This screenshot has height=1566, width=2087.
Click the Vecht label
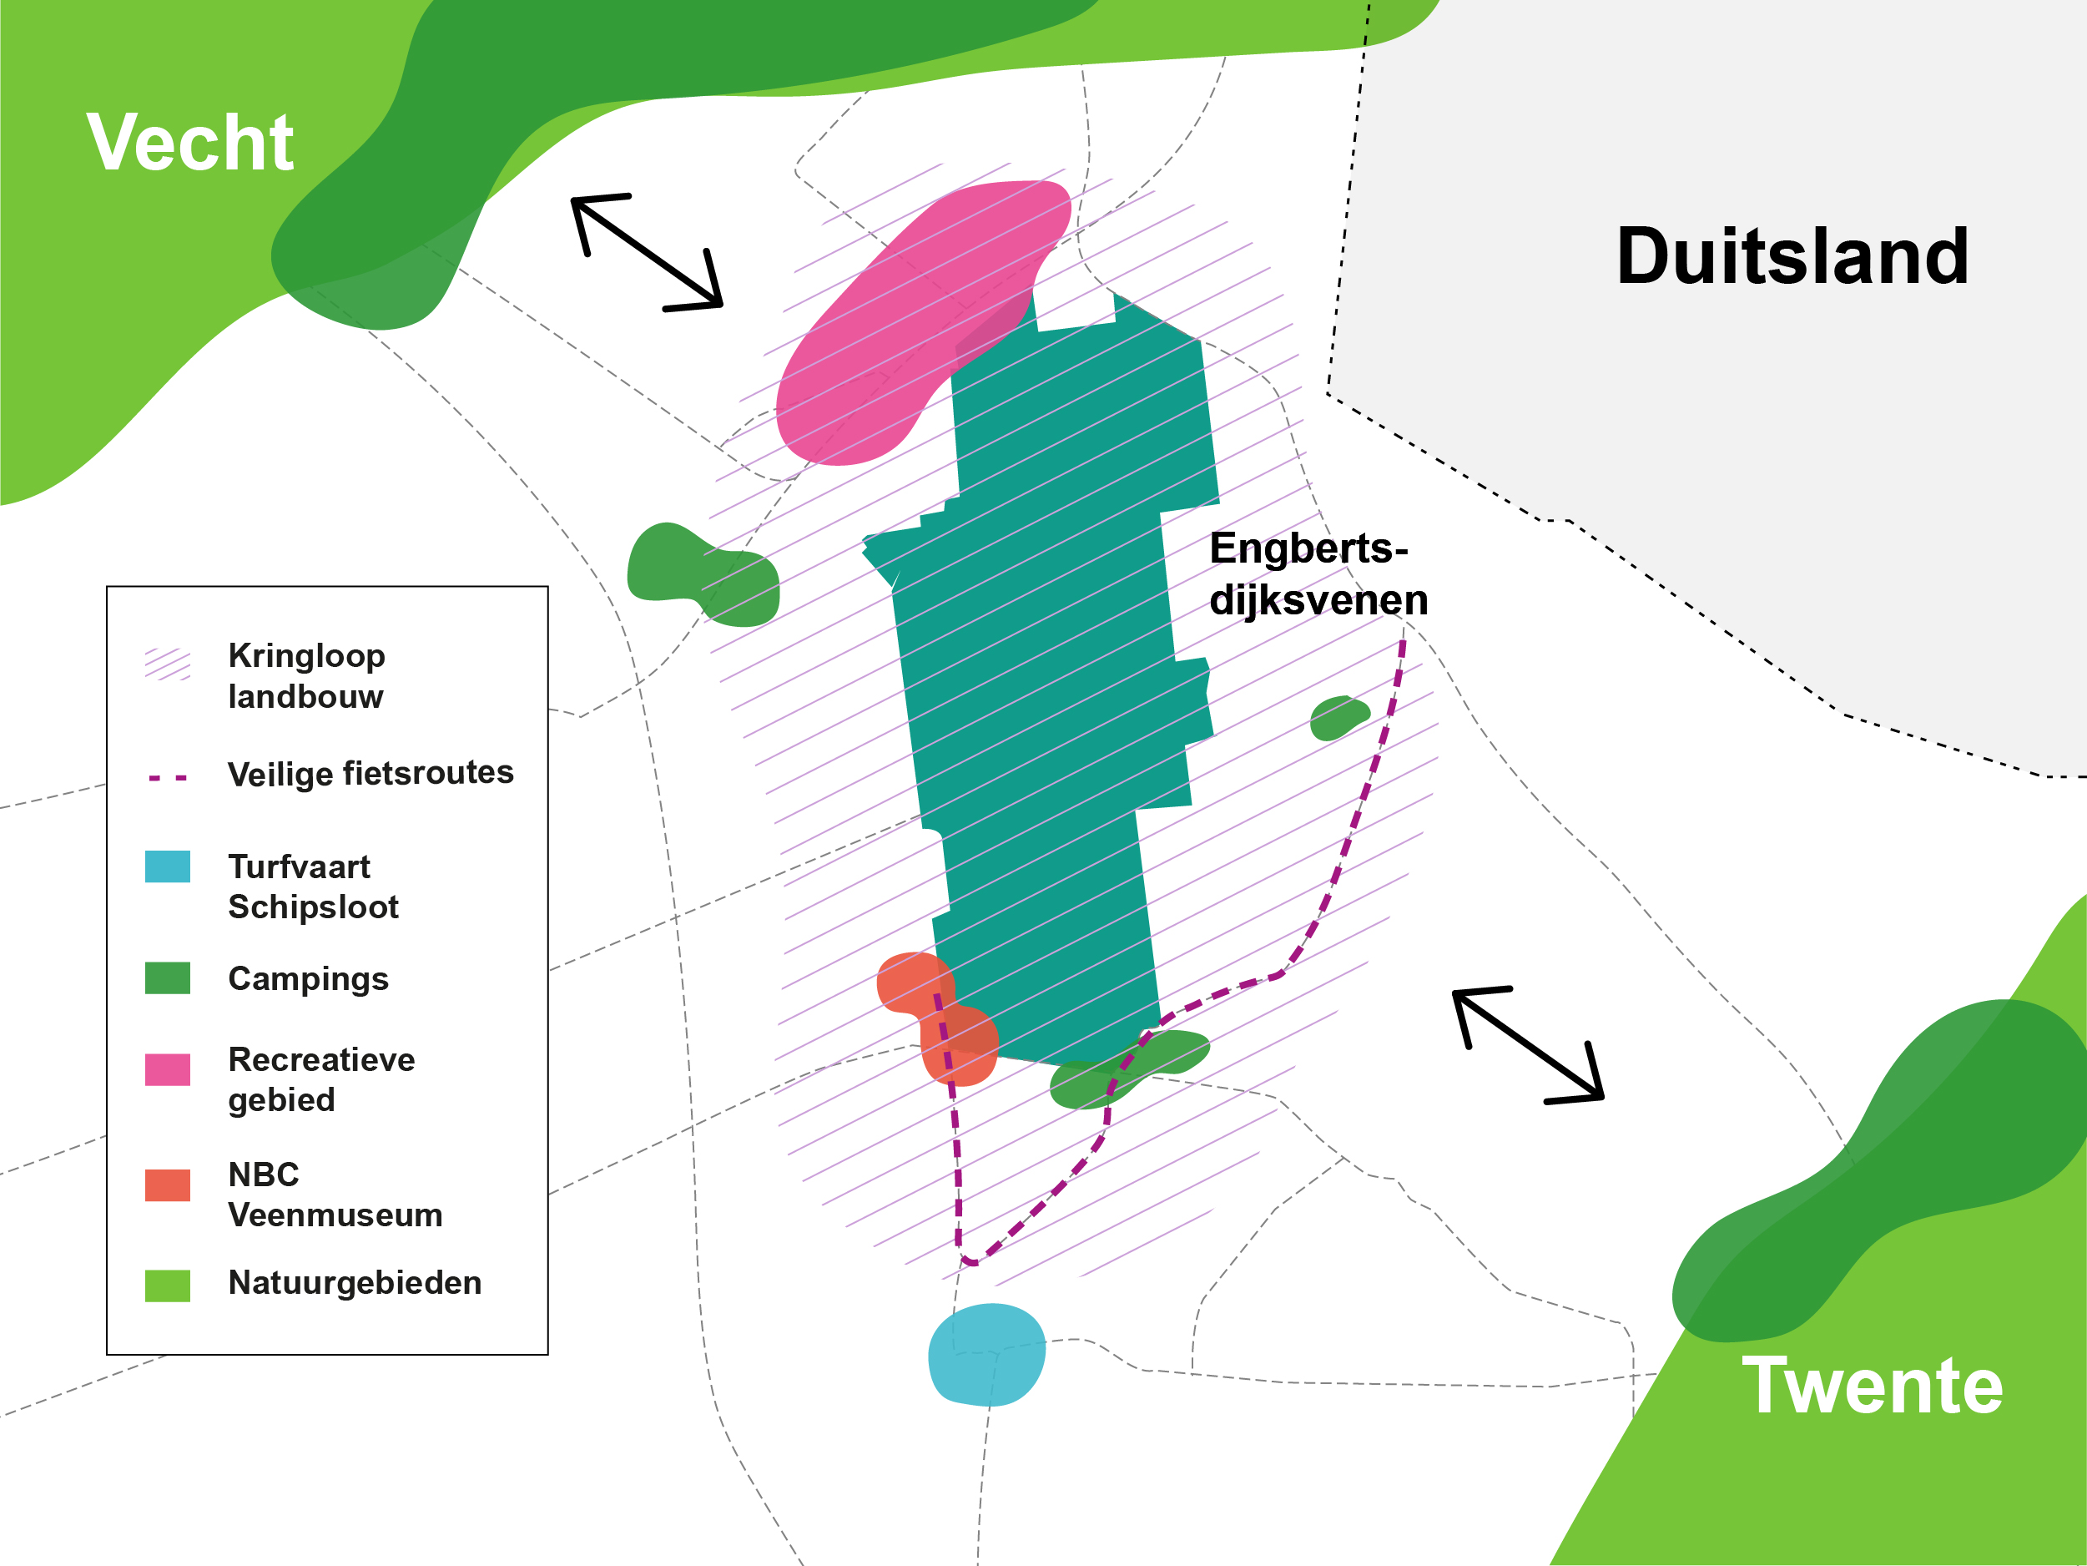(189, 143)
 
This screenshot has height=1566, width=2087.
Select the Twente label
(1872, 1386)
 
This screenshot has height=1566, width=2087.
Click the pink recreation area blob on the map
(905, 331)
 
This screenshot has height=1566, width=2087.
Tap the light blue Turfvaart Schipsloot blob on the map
(987, 1355)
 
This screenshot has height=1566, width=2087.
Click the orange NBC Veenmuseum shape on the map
(934, 1015)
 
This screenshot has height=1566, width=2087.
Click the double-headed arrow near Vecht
(648, 252)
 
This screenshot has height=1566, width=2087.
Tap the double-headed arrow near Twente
(1528, 1045)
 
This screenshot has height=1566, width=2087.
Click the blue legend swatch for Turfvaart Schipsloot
(167, 866)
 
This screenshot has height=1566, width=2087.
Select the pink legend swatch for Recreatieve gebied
(167, 1069)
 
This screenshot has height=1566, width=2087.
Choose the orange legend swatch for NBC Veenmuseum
(167, 1185)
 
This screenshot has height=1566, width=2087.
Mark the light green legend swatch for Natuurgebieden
(167, 1286)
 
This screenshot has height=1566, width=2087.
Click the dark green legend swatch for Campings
(167, 978)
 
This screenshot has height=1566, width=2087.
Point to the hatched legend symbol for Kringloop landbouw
(167, 664)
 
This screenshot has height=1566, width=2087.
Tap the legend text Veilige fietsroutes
(371, 773)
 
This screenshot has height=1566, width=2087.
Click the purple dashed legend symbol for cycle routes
(167, 779)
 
